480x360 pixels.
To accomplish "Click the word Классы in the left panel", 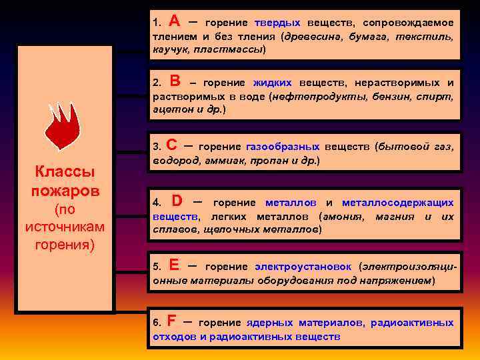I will point(65,172).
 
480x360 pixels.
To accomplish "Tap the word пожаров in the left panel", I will point(65,191).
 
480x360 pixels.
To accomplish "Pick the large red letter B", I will point(175,81).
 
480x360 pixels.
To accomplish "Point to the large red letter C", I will point(171,145).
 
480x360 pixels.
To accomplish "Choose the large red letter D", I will point(177,201).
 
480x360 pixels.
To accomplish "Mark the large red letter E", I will point(174,264).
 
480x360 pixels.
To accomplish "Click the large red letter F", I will point(172,321).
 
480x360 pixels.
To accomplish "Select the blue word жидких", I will point(273,83).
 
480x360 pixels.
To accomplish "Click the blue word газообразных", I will point(283,147).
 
